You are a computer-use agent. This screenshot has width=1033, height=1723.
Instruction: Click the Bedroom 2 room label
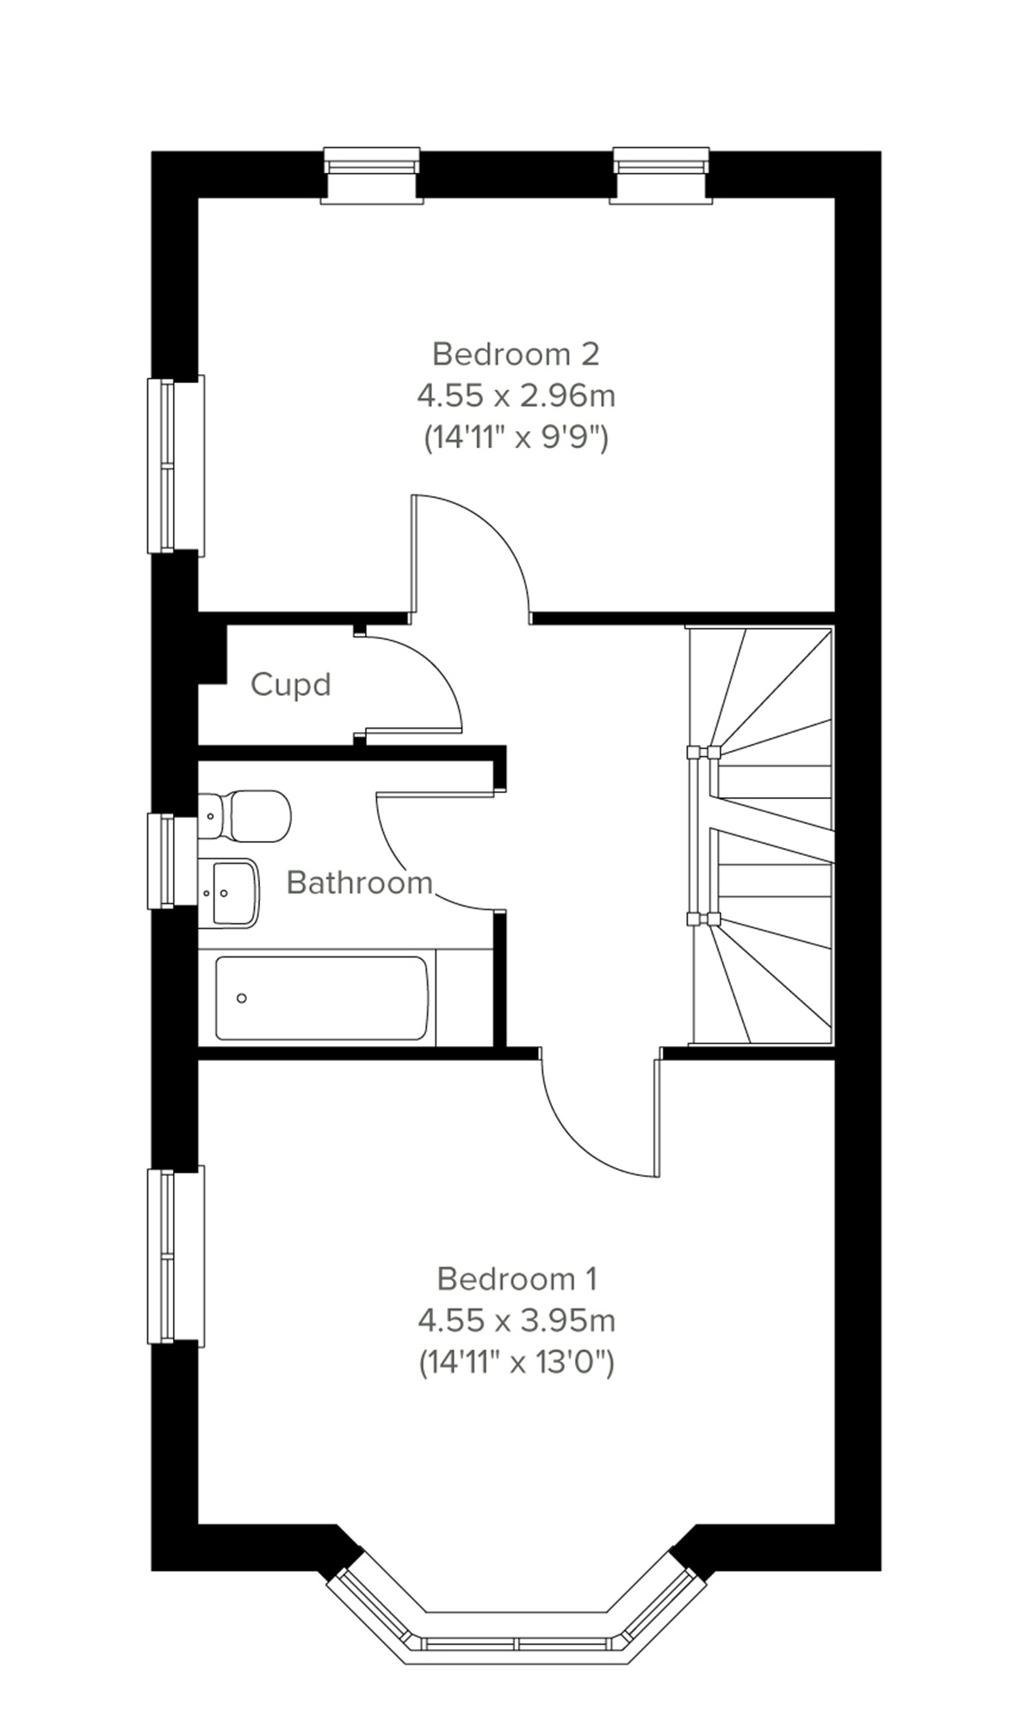tap(516, 354)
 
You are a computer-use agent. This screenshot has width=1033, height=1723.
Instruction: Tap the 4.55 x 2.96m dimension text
tap(516, 396)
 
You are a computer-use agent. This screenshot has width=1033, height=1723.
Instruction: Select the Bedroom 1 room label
tap(516, 1278)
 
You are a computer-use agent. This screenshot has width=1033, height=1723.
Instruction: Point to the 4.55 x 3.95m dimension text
tap(516, 1320)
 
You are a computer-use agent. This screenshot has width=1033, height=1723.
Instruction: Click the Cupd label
tap(290, 685)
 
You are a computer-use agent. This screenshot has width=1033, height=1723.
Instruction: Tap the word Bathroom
tap(359, 883)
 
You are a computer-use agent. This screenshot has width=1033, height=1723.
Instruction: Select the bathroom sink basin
tap(229, 891)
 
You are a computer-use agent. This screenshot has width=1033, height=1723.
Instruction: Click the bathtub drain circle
tap(242, 998)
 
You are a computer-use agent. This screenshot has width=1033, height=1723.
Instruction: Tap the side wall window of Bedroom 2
tap(175, 465)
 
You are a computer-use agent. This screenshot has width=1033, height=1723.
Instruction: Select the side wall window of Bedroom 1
tap(175, 1256)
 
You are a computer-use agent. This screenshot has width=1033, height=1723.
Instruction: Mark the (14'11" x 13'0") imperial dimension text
tap(516, 1362)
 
